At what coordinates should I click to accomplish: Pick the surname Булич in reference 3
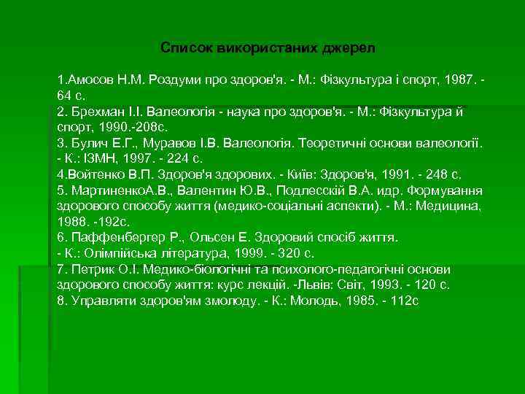coord(85,143)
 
